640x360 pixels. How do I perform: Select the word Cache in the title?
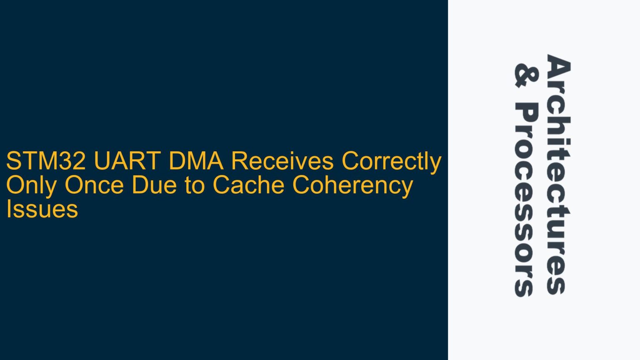click(x=248, y=185)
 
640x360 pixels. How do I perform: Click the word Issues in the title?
click(x=42, y=209)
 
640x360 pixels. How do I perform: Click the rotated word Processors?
click(x=527, y=200)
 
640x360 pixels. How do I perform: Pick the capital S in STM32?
click(x=13, y=161)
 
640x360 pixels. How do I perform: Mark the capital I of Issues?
click(x=8, y=209)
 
